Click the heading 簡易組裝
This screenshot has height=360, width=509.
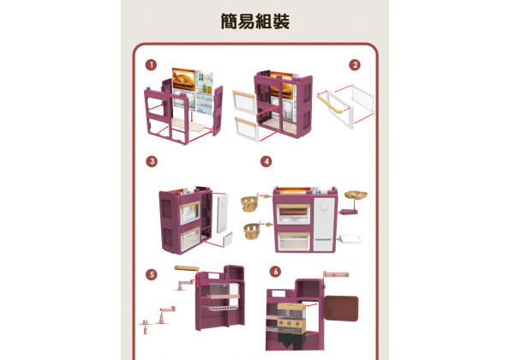click(x=254, y=21)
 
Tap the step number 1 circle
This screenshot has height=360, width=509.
click(x=151, y=65)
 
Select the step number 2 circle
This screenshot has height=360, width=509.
click(x=355, y=65)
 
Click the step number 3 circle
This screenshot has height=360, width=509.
click(x=152, y=161)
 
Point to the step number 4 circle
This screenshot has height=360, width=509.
click(x=266, y=161)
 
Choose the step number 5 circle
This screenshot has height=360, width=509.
click(x=152, y=274)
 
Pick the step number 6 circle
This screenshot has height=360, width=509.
click(x=275, y=272)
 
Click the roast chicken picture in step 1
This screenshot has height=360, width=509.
click(x=183, y=80)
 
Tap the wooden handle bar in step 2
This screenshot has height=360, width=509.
click(x=328, y=103)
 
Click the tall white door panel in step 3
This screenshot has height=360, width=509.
click(x=222, y=213)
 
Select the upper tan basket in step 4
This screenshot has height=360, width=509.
click(x=249, y=203)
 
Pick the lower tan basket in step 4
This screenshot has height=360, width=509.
click(x=252, y=231)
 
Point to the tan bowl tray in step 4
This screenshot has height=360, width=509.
click(x=356, y=195)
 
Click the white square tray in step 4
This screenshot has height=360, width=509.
click(x=350, y=239)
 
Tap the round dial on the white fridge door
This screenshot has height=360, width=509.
click(x=324, y=206)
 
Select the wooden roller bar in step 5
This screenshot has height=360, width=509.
click(x=187, y=268)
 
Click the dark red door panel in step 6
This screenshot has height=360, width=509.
click(x=341, y=308)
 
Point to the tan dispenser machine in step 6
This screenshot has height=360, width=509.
click(x=291, y=317)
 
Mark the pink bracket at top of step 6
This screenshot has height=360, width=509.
click(x=336, y=274)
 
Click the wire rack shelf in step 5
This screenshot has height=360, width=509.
click(x=220, y=308)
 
